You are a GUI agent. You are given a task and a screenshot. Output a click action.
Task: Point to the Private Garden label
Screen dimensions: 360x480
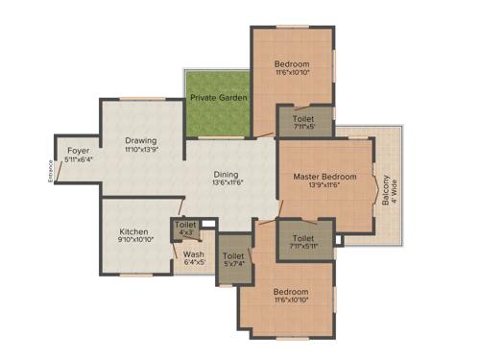coord(219,98)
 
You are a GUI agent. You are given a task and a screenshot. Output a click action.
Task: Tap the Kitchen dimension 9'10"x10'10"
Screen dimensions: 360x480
coord(134,241)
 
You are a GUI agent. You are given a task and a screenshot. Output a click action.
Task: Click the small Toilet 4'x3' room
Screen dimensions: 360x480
coord(185,228)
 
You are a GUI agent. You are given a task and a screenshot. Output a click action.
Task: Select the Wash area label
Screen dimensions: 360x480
coord(193,254)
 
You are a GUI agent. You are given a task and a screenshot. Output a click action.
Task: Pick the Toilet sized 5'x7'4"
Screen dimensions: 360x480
coord(233,260)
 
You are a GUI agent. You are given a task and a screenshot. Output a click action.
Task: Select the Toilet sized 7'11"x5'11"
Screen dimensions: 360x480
coord(303,242)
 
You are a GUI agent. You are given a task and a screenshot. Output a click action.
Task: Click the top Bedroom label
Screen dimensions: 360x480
coord(292,64)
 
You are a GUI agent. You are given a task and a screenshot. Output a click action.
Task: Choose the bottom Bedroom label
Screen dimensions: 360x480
coord(290,292)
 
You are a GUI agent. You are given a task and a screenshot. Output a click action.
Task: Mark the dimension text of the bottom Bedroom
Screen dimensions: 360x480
coord(290,301)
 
